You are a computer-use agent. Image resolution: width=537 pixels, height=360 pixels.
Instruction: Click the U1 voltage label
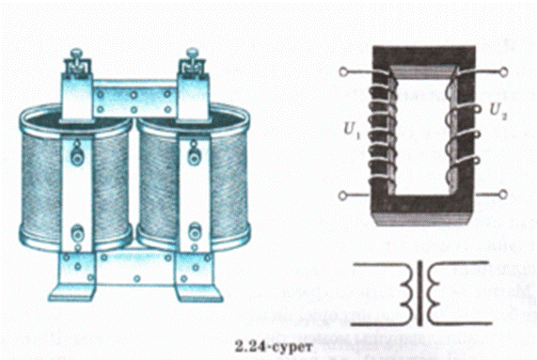(352, 130)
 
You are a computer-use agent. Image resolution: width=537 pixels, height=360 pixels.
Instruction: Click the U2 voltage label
(498, 111)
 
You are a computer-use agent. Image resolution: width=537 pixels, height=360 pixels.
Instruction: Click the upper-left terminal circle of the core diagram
(343, 71)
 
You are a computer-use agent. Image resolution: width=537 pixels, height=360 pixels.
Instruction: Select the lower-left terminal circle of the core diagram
(342, 196)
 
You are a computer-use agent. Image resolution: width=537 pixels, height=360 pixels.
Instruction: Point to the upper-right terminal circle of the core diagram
(503, 71)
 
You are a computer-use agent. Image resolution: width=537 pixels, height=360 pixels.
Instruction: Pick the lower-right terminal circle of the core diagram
(503, 195)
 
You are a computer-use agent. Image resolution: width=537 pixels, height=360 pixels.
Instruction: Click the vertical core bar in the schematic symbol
(419, 293)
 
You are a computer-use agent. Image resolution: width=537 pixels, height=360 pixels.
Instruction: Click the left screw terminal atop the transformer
(77, 62)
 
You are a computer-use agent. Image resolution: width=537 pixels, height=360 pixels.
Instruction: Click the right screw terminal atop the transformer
(193, 62)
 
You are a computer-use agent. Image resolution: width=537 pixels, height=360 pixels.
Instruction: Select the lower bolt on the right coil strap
(195, 233)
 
